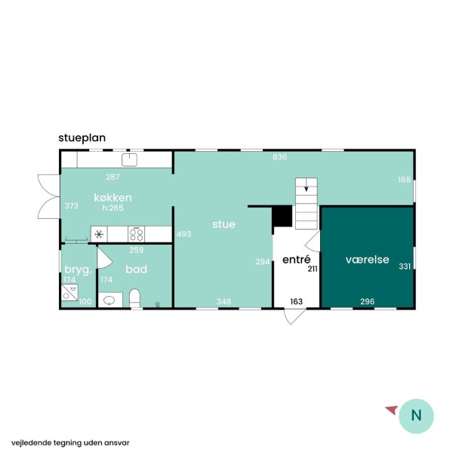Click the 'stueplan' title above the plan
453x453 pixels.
click(x=82, y=138)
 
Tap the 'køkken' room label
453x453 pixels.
click(x=112, y=198)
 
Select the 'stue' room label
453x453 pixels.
click(x=223, y=224)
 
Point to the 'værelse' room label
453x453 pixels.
click(x=367, y=260)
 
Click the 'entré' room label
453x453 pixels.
click(x=297, y=259)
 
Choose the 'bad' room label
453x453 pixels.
click(x=137, y=269)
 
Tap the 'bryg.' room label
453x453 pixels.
click(x=78, y=270)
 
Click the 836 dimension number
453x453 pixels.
click(x=280, y=157)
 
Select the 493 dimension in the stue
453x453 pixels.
click(x=183, y=234)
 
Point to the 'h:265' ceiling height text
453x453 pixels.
click(x=112, y=208)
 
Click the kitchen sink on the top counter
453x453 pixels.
click(x=129, y=160)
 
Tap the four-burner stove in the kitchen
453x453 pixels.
click(x=137, y=234)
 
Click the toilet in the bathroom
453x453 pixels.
click(x=134, y=298)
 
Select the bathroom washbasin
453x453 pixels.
click(x=110, y=300)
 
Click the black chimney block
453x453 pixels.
click(x=283, y=216)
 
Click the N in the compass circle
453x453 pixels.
click(x=416, y=415)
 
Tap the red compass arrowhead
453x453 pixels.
click(x=392, y=410)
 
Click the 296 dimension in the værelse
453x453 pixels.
click(x=367, y=301)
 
